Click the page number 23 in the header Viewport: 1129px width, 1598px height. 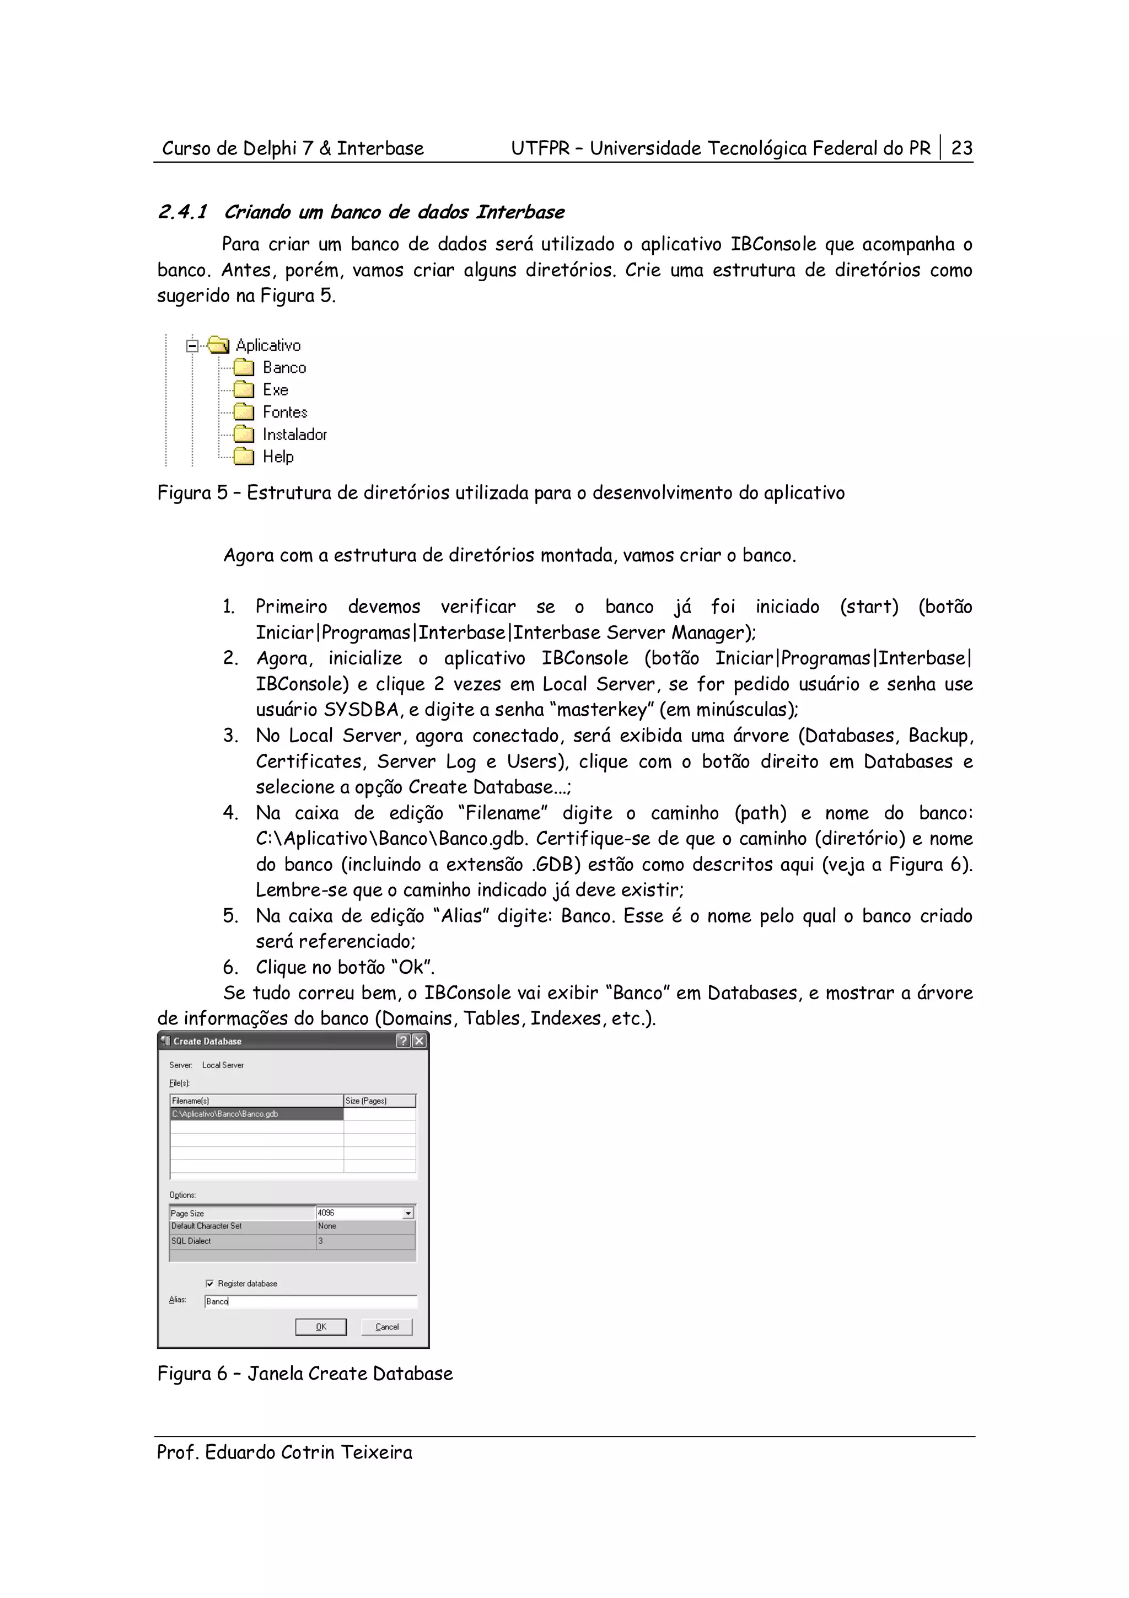click(961, 148)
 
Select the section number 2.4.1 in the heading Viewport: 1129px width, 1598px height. click(183, 212)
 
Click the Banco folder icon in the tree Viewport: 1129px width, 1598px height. click(244, 367)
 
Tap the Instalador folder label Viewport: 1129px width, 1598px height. click(294, 435)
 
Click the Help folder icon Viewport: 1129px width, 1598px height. click(244, 457)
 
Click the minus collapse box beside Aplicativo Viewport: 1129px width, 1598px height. click(193, 345)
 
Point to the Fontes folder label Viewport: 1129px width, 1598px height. click(284, 412)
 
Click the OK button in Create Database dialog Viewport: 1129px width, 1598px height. click(321, 1327)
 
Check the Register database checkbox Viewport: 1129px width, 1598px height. click(209, 1283)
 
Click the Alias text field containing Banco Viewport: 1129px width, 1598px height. click(310, 1301)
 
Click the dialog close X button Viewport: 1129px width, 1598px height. click(419, 1041)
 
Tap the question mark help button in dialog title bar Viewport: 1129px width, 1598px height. click(403, 1041)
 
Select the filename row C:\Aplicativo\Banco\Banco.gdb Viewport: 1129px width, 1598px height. click(256, 1114)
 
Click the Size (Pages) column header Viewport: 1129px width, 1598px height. click(379, 1101)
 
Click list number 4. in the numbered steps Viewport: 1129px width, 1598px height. click(230, 813)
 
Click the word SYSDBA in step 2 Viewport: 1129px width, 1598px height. click(361, 710)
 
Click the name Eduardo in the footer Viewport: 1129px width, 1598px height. click(240, 1452)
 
